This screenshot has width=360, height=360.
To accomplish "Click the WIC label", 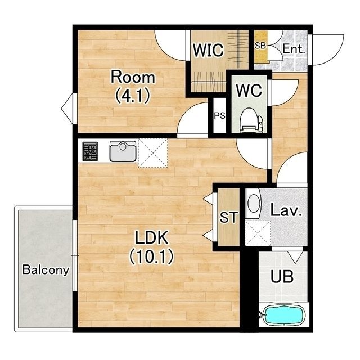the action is (208, 50).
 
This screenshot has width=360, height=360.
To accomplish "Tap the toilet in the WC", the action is (251, 120).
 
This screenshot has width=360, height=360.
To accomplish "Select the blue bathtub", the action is (283, 314).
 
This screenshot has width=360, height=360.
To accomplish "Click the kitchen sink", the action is (123, 151).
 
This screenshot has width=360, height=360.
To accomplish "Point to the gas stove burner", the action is (90, 151).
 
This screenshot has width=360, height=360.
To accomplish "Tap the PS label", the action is (220, 115).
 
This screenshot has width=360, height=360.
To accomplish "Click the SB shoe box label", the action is (260, 46).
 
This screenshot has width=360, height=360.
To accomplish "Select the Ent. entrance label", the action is (294, 49).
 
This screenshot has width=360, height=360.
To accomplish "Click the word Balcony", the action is (46, 269).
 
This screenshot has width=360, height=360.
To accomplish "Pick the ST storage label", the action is (229, 217).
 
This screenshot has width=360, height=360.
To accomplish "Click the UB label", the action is (282, 276).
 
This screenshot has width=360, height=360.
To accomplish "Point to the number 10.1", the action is (151, 256).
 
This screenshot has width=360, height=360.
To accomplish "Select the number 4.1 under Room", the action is (133, 96).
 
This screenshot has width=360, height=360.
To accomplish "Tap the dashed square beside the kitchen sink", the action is (153, 153).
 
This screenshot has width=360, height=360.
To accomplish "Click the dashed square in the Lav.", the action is (258, 233).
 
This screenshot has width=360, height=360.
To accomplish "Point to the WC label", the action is (249, 90).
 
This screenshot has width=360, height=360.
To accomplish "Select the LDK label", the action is (151, 237).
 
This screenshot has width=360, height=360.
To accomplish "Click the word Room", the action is (133, 77).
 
